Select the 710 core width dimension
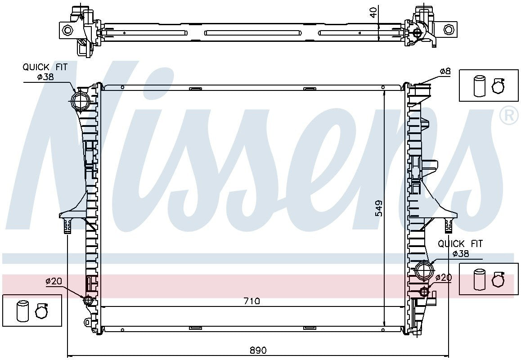[252, 301]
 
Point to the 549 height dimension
[379, 208]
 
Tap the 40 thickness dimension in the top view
[373, 12]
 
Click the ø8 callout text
[445, 71]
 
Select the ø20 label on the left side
[53, 281]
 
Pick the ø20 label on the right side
[443, 278]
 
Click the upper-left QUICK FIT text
[45, 67]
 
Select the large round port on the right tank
[423, 271]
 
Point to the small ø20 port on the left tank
[88, 300]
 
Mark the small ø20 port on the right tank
[423, 292]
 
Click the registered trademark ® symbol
[509, 116]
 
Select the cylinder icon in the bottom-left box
[22, 311]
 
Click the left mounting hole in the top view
[67, 30]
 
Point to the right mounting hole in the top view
[449, 30]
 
